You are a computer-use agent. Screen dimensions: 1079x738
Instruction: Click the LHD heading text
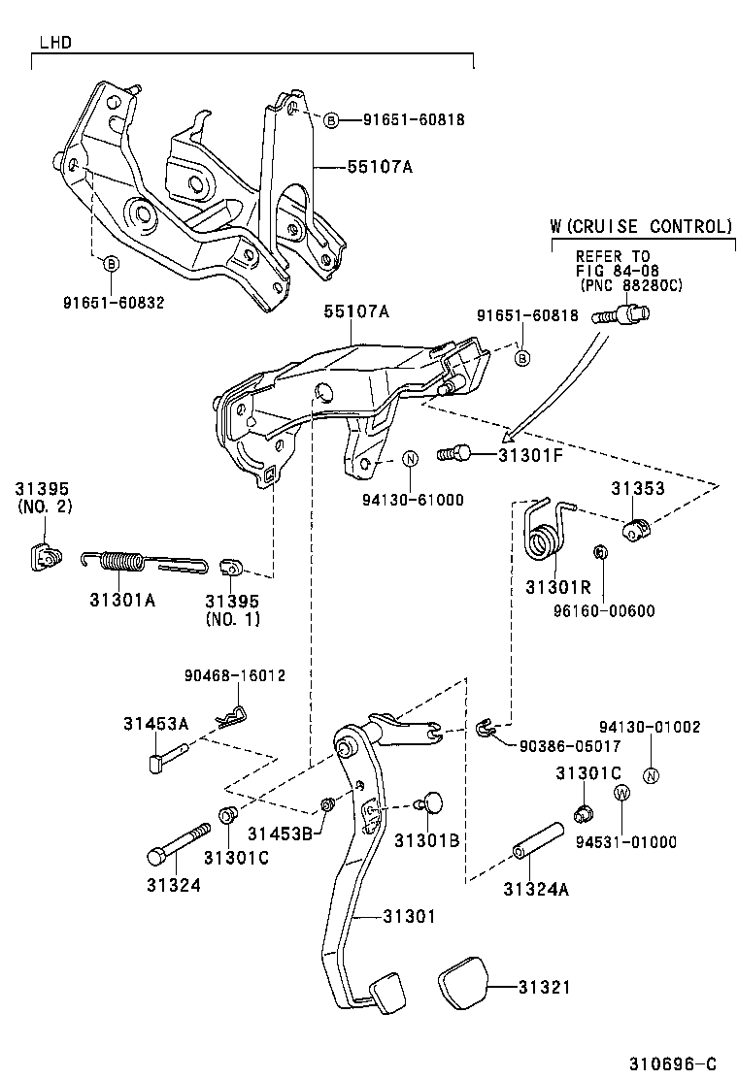click(x=55, y=43)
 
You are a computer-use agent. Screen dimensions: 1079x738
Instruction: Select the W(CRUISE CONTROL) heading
click(x=641, y=226)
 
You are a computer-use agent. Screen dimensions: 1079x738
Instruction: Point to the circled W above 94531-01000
click(x=621, y=793)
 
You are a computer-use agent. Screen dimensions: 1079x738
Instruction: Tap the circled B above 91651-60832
click(x=111, y=264)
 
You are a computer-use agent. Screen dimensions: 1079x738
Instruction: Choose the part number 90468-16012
click(x=234, y=674)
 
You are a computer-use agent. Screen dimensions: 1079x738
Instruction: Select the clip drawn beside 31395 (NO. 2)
click(x=44, y=555)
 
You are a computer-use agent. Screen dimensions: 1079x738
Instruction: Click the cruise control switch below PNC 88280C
click(x=626, y=314)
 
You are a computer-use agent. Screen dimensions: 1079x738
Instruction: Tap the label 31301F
click(x=530, y=453)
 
